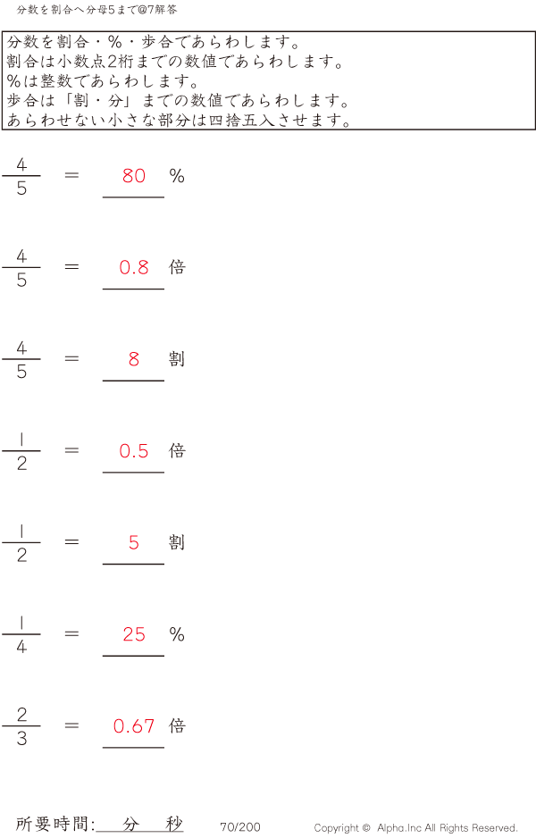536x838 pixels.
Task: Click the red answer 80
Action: pyautogui.click(x=134, y=176)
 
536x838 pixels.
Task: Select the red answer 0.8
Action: pyautogui.click(x=134, y=267)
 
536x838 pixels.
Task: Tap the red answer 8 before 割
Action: pyautogui.click(x=134, y=359)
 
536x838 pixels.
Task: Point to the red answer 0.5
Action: pyautogui.click(x=134, y=451)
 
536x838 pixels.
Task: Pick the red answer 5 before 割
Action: pyautogui.click(x=134, y=542)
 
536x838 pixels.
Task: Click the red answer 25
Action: pyautogui.click(x=134, y=634)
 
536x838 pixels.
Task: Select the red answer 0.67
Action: pyautogui.click(x=134, y=726)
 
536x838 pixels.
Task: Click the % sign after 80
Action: pyautogui.click(x=177, y=176)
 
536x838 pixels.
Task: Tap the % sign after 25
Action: pyautogui.click(x=177, y=634)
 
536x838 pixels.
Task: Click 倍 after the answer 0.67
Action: pyautogui.click(x=177, y=725)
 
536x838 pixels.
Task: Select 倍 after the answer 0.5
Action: pyautogui.click(x=177, y=450)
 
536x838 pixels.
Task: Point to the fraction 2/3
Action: pyautogui.click(x=21, y=726)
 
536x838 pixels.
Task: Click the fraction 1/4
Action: pyautogui.click(x=21, y=634)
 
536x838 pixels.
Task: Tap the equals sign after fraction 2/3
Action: pyautogui.click(x=72, y=725)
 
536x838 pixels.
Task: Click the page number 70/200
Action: pyautogui.click(x=240, y=827)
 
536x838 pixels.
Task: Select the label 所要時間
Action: pyautogui.click(x=54, y=825)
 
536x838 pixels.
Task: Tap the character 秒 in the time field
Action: pyautogui.click(x=174, y=824)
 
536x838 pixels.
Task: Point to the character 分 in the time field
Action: pyautogui.click(x=131, y=825)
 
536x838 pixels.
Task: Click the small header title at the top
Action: pyautogui.click(x=96, y=10)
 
